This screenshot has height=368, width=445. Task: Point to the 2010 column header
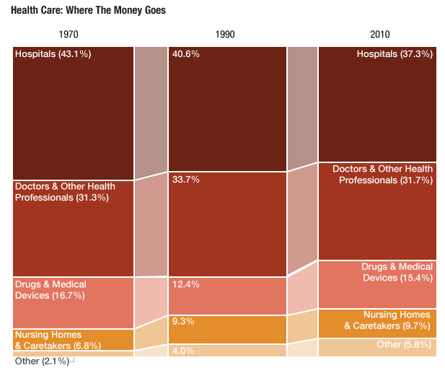[x=379, y=35]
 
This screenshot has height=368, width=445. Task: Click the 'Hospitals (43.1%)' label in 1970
[x=53, y=54]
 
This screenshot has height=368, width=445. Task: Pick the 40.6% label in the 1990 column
[x=185, y=54]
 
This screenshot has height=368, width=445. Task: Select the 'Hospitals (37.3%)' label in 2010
[x=395, y=54]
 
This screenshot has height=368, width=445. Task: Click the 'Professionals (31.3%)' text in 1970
[x=62, y=198]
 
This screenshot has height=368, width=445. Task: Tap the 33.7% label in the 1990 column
[x=185, y=180]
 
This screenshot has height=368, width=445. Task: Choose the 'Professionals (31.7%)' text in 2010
[x=386, y=180]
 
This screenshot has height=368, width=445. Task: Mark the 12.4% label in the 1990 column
[x=185, y=284]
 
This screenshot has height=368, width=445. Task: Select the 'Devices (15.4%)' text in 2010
[x=397, y=278]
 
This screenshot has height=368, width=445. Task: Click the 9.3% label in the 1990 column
[x=183, y=321]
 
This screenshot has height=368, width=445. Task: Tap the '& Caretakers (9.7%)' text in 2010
[x=388, y=326]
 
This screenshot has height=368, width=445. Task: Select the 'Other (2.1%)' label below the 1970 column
[x=42, y=361]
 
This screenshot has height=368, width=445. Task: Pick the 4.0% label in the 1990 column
[x=183, y=351]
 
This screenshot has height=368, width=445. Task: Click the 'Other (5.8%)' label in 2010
[x=404, y=345]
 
